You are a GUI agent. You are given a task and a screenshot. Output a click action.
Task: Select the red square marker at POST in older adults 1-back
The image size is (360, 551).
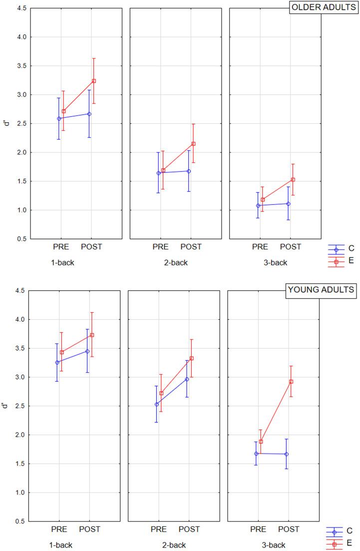pos(93,81)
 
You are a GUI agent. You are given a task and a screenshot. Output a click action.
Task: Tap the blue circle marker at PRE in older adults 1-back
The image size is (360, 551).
pos(59,119)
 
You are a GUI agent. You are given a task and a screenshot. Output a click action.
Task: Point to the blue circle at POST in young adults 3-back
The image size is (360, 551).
pos(287,454)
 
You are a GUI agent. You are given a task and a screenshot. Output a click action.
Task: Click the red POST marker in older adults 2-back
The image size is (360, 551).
pos(193,144)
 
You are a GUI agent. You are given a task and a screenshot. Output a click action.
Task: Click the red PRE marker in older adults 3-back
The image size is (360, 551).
pos(263,200)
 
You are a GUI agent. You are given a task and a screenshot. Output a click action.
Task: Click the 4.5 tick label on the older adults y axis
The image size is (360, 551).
pos(20,8)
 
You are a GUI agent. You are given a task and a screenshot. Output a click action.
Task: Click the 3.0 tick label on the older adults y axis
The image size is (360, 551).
pos(20,94)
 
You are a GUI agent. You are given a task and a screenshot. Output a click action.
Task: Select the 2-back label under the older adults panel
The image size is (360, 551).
pos(175,262)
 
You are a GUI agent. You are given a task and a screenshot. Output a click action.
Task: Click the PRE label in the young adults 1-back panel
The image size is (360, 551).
pos(59,529)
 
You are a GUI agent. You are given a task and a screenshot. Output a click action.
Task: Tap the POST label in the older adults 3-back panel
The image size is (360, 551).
pos(290,247)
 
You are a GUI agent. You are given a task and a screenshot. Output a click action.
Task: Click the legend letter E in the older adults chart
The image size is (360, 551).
pos(351,260)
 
